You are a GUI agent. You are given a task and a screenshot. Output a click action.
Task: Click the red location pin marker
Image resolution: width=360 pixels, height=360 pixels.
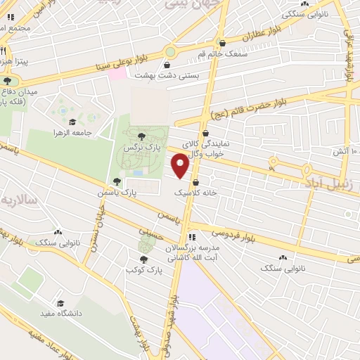point(181,165)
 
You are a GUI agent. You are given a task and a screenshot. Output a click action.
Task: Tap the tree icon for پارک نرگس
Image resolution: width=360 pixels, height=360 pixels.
point(143,136)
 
